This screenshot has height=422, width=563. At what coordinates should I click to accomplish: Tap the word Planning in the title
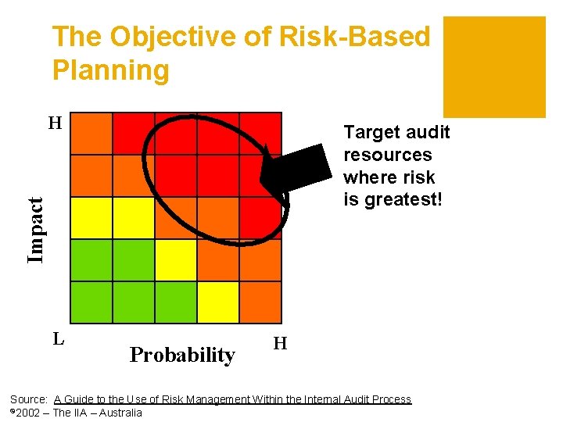tap(110, 70)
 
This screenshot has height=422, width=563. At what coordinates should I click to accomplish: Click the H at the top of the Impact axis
tap(55, 123)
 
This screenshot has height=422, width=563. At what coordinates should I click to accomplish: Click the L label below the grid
tap(57, 339)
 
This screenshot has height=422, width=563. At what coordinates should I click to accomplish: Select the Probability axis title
tap(182, 355)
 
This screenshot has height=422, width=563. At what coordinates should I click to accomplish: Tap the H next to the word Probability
tap(280, 343)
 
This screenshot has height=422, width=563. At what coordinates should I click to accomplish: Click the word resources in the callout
tap(387, 155)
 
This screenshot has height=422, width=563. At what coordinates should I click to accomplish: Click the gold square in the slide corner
tap(494, 66)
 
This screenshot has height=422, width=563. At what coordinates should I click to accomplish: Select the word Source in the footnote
tap(28, 399)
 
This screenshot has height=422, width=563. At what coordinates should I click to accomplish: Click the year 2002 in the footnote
tap(28, 413)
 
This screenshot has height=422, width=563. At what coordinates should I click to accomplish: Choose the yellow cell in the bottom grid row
tap(218, 302)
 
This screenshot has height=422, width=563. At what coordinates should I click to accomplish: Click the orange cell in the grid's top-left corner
tap(91, 134)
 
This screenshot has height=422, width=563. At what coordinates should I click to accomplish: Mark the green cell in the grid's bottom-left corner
tap(91, 302)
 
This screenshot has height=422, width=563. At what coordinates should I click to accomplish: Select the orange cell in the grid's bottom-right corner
tap(260, 302)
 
